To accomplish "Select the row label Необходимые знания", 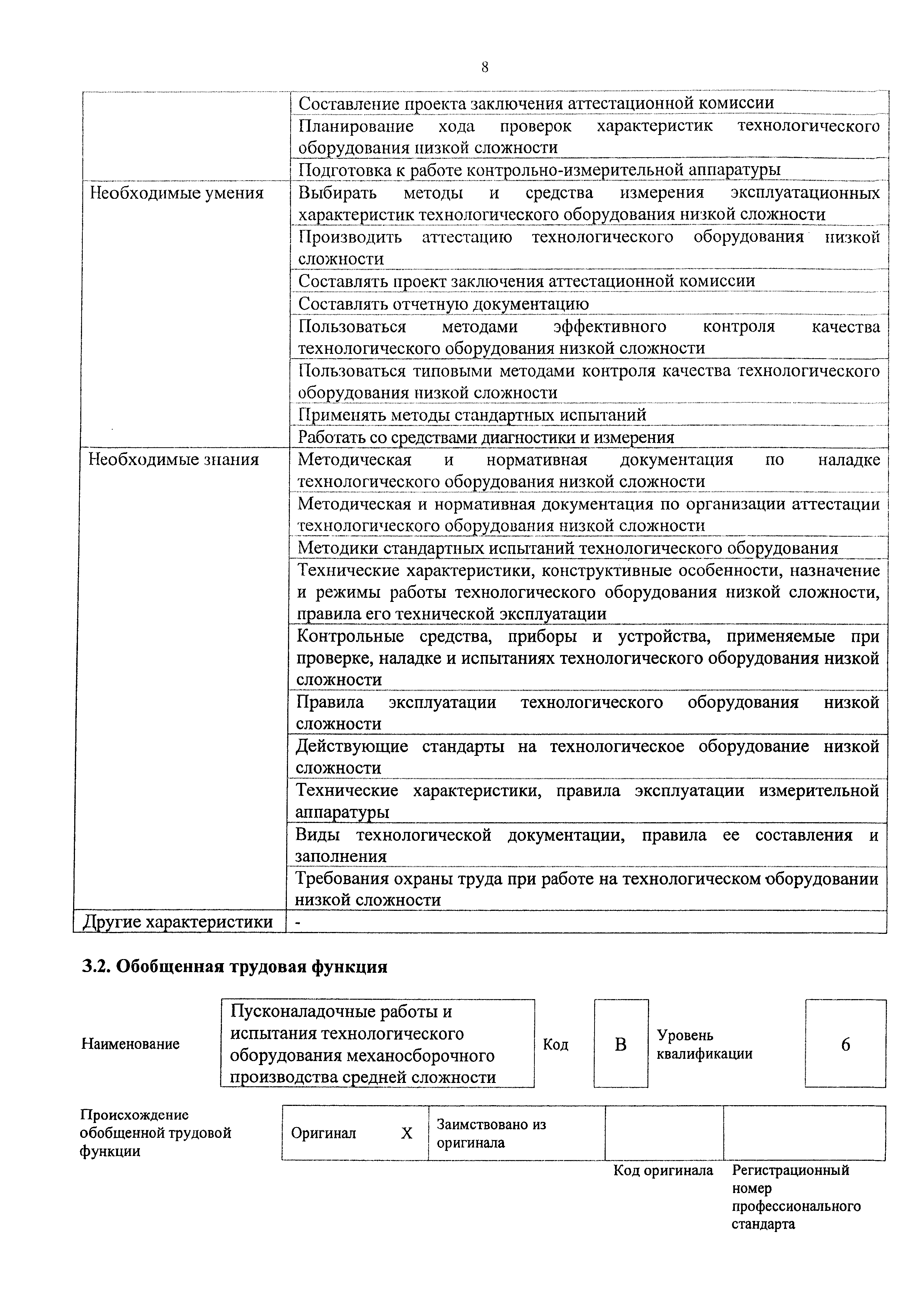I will click(x=173, y=460).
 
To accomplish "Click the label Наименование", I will click(x=130, y=1044).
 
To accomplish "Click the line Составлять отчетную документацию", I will click(x=443, y=304).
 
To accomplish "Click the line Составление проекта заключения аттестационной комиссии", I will click(x=536, y=103).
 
